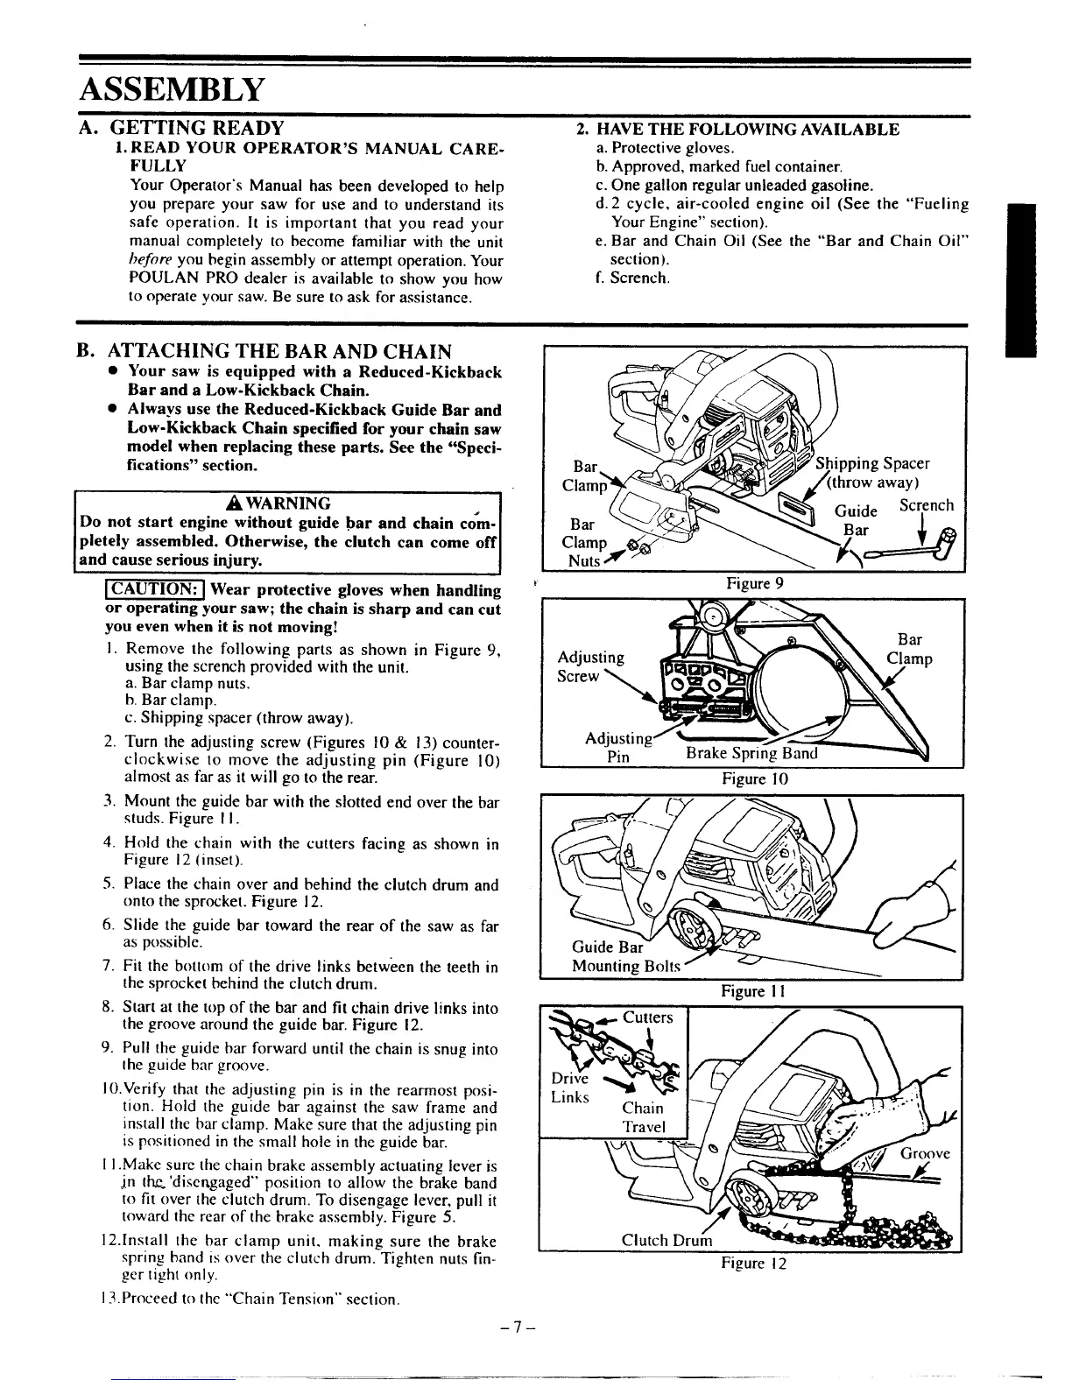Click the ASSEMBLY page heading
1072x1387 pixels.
[171, 89]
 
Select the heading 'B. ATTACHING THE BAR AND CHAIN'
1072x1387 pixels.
[278, 352]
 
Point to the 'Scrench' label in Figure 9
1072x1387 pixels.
[927, 506]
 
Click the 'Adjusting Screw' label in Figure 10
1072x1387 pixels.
[590, 666]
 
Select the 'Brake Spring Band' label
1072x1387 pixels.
[751, 754]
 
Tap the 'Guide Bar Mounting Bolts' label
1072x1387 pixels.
[624, 956]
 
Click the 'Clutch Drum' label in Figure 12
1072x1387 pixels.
[666, 1241]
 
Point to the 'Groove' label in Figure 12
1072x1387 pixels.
[925, 1153]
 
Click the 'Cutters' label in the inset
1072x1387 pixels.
[647, 1017]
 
